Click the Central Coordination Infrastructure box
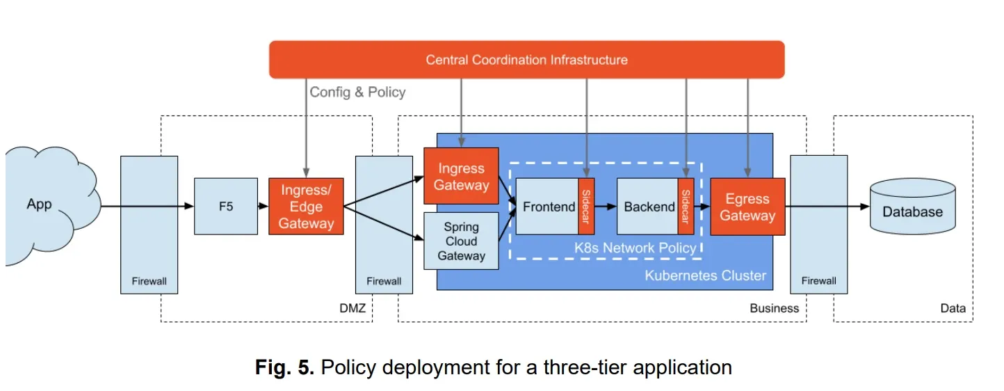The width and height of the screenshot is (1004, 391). pos(526,60)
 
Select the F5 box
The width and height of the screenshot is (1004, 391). pos(226,206)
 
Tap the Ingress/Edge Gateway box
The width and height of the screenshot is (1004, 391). pos(306,206)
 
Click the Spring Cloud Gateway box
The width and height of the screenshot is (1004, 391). pos(461,241)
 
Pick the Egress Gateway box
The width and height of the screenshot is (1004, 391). pos(747,207)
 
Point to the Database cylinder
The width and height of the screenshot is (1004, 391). pos(912,207)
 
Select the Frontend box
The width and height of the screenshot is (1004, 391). pos(547,206)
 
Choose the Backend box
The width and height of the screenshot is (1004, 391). pos(648,206)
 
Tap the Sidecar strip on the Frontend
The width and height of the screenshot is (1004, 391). pos(586,206)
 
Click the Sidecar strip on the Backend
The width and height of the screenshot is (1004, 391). pos(686,206)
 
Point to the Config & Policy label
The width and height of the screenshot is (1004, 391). pos(357,93)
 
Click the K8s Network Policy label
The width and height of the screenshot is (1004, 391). pos(635,248)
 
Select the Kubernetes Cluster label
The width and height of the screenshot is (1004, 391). pos(706,276)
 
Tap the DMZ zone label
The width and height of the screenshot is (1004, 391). pos(353,308)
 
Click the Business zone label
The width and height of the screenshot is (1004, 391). pos(774,308)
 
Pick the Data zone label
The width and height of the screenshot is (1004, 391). pos(953,308)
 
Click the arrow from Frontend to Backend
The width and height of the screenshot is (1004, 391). pos(606,207)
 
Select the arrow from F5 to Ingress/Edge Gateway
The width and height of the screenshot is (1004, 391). pos(263,206)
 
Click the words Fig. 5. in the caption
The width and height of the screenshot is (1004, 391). pos(284,367)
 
